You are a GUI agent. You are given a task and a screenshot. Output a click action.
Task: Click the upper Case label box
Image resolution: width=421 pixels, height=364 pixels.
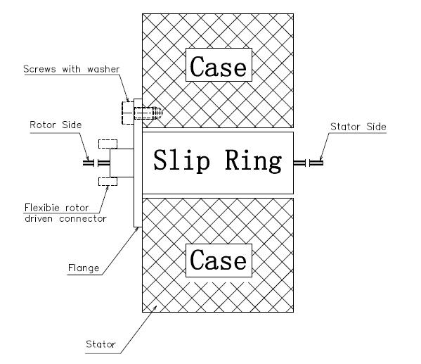219,65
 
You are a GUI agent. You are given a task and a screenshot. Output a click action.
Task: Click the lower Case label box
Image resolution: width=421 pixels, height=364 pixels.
219,261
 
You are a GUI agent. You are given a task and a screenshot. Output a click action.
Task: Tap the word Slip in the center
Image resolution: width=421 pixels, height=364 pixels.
181,161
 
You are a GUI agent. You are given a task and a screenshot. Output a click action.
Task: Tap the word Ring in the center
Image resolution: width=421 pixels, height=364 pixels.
254,161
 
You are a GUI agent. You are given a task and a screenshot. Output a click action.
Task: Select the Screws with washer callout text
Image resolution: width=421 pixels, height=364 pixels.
72,69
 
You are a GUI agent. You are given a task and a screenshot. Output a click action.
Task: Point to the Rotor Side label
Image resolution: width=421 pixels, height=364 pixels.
56,125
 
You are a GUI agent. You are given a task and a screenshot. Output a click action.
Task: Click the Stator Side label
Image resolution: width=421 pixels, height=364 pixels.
358,127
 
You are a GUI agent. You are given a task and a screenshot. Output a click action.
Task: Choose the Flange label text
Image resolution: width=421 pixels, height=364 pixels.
84,268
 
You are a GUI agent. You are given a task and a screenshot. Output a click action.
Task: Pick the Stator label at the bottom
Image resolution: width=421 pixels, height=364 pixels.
101,344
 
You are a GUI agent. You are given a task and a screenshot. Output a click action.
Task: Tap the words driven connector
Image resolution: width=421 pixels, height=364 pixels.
65,219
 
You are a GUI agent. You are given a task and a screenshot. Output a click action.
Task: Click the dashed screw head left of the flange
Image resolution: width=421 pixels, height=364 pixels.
128,113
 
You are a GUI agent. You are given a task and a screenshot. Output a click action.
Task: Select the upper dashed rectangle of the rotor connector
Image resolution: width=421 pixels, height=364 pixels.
108,144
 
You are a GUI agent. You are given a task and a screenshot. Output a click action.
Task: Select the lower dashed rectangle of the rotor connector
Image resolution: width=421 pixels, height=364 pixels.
108,182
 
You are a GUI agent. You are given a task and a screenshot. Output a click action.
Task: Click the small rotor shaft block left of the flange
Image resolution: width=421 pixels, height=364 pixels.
122,163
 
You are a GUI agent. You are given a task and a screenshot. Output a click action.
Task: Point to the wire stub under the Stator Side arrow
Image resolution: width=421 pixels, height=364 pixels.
316,163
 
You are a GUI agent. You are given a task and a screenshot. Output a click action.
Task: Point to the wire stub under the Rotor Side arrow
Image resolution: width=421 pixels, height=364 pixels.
89,163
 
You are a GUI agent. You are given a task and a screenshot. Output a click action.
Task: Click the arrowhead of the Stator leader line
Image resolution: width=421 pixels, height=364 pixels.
155,307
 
